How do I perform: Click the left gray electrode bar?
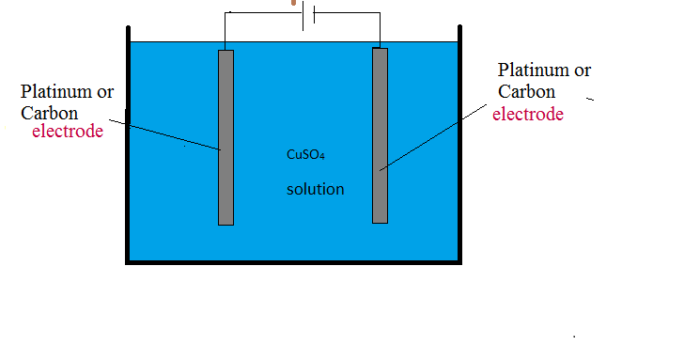click(225, 137)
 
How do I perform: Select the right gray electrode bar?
click(380, 135)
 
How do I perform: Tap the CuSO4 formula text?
click(305, 154)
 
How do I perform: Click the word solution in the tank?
click(315, 189)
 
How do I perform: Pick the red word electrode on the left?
click(68, 132)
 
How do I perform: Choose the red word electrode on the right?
click(528, 115)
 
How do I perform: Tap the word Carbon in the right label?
click(526, 91)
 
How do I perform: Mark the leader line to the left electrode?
click(164, 133)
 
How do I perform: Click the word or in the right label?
click(583, 70)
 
